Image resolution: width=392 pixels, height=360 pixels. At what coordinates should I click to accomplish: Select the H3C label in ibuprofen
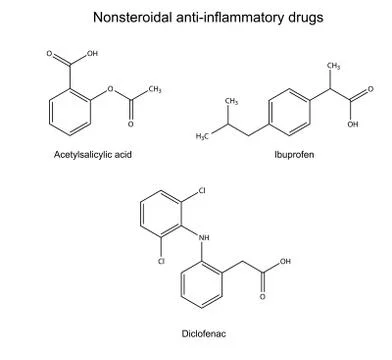pyautogui.click(x=201, y=134)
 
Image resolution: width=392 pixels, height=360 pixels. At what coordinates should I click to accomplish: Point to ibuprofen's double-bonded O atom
pyautogui.click(x=369, y=88)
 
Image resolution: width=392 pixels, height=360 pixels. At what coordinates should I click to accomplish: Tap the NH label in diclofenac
pyautogui.click(x=206, y=236)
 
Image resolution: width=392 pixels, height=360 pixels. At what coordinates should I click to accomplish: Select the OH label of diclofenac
pyautogui.click(x=287, y=261)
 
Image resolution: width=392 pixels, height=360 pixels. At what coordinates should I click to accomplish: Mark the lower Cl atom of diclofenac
pyautogui.click(x=160, y=261)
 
